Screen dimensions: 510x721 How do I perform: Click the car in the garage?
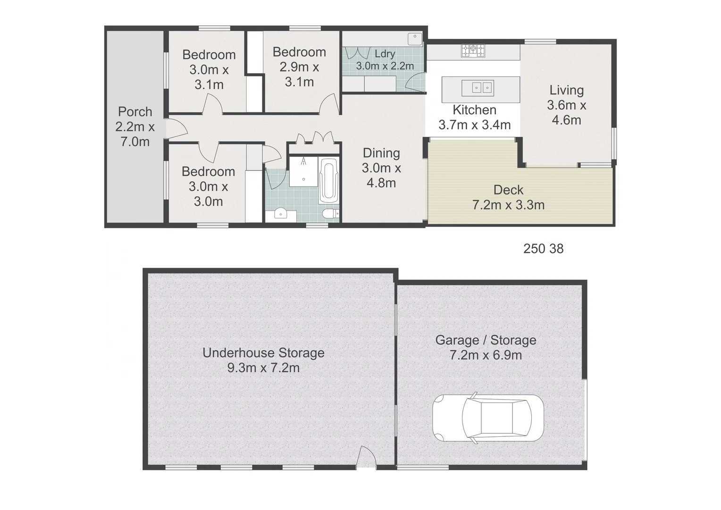point(488,418)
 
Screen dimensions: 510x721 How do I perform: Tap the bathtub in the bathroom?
point(329,180)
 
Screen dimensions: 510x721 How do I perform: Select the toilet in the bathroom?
point(330,214)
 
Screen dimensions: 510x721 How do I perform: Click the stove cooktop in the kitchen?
point(473,50)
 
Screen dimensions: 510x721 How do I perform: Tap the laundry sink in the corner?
point(415,38)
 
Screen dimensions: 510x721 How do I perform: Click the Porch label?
point(135,112)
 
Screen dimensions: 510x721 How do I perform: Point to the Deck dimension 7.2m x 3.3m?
point(508,205)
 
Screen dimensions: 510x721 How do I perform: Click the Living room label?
point(566,90)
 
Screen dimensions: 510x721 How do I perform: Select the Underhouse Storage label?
point(263,353)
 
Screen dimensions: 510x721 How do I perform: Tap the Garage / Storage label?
point(486,340)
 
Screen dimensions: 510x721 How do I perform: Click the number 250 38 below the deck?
point(543,249)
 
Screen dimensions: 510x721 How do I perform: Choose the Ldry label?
point(385,54)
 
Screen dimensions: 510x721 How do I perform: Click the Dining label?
point(381,153)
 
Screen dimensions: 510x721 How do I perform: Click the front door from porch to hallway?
point(176,128)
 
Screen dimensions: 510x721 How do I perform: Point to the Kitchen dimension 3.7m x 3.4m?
point(474,125)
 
